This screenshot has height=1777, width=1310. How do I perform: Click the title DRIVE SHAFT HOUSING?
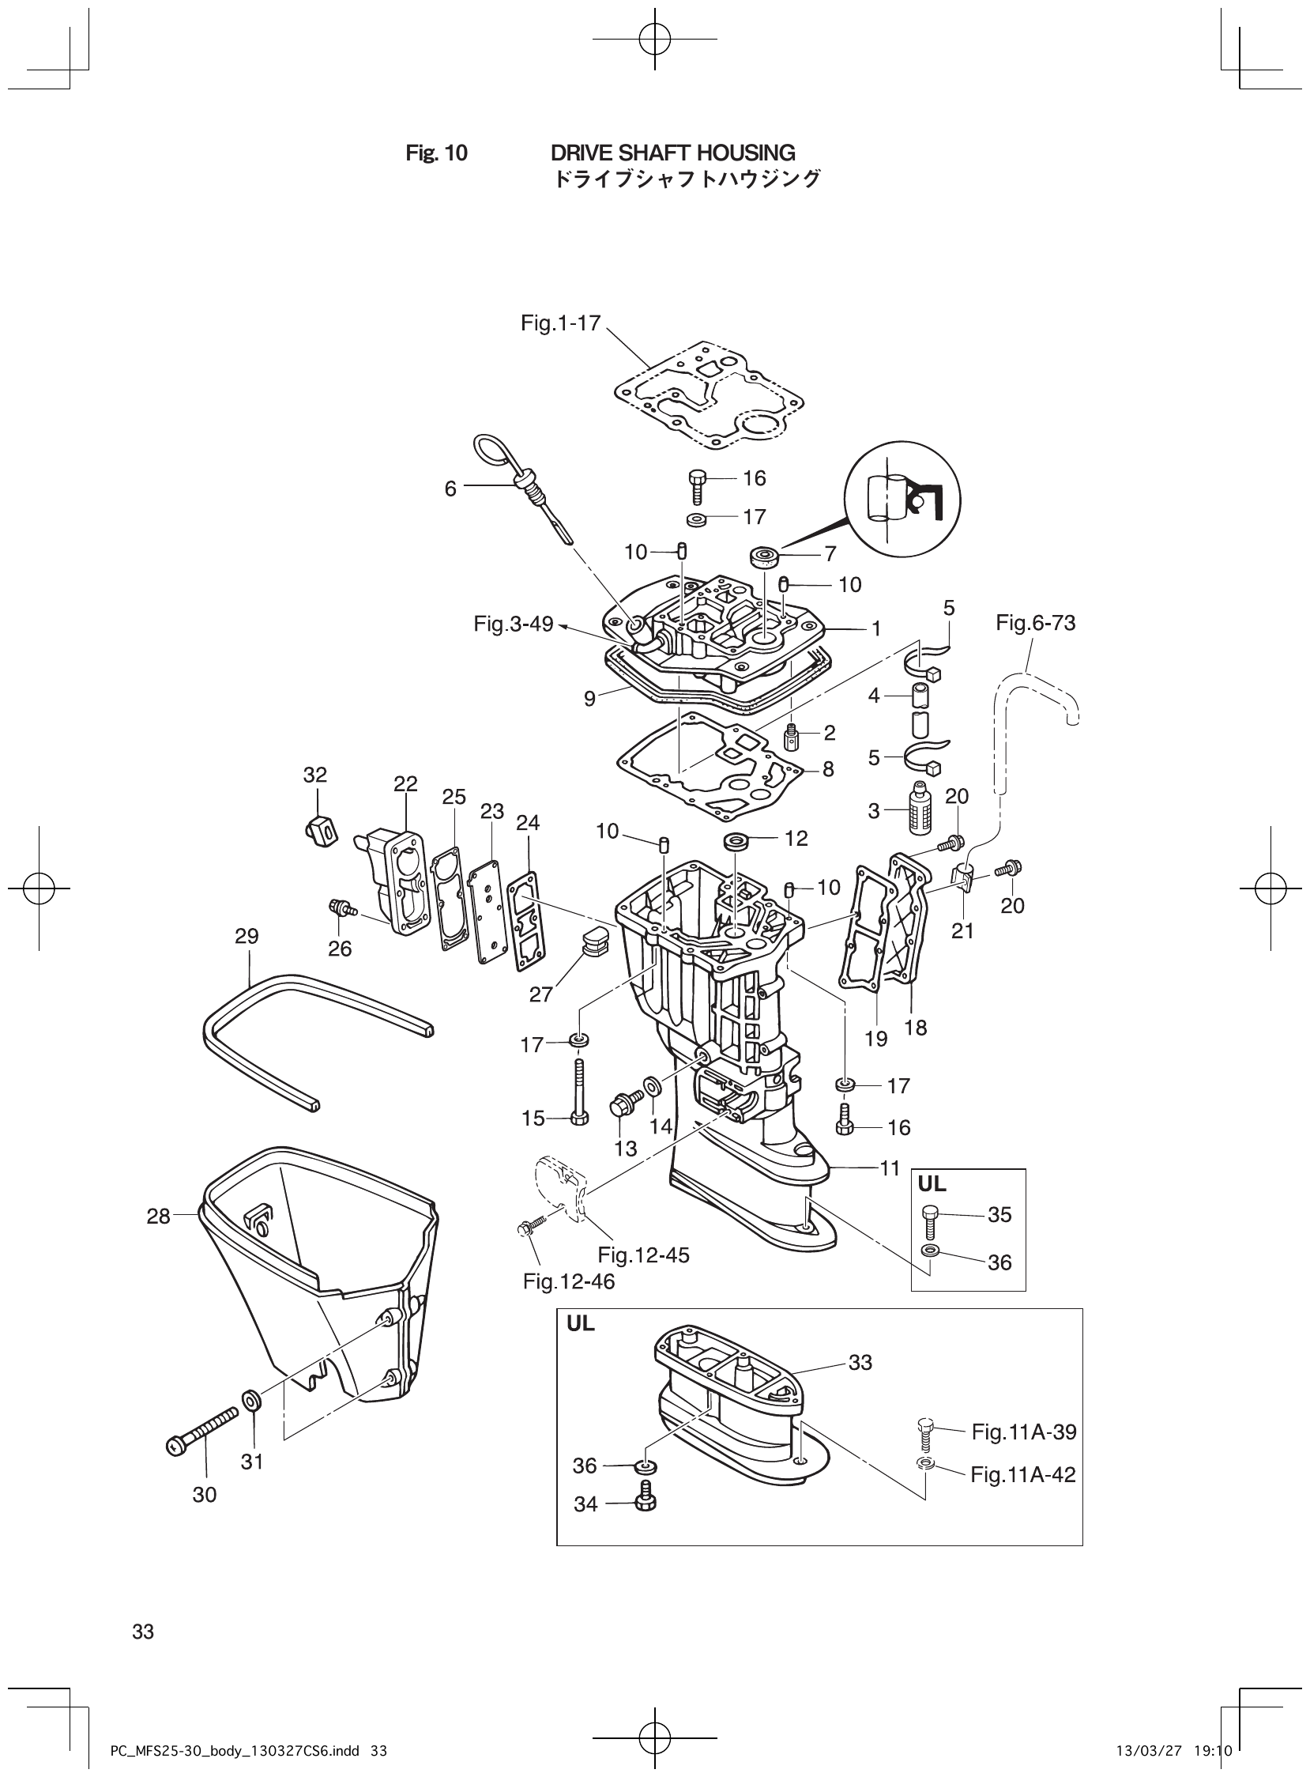[x=672, y=153]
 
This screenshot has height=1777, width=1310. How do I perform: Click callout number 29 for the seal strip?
[x=247, y=936]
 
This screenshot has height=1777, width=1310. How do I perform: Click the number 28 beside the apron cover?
[x=159, y=1216]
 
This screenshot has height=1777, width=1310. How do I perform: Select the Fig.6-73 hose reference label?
[x=1036, y=623]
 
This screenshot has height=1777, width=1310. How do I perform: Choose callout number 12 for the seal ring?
[x=796, y=839]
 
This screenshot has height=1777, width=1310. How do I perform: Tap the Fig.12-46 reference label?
[x=569, y=1282]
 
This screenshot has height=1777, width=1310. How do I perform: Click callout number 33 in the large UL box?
[x=860, y=1362]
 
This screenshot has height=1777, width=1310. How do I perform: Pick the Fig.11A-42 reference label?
[x=1023, y=1475]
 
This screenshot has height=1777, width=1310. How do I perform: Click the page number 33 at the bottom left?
[x=144, y=1632]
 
